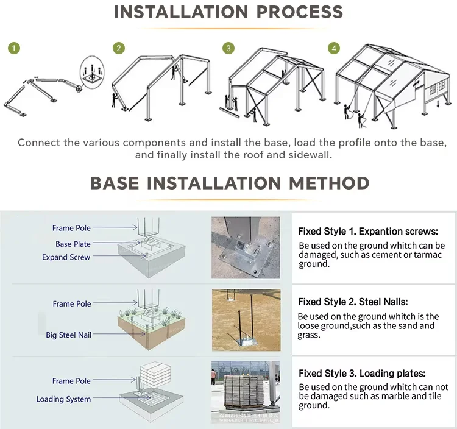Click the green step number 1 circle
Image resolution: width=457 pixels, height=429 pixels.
[13, 48]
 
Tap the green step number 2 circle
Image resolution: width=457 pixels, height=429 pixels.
[119, 48]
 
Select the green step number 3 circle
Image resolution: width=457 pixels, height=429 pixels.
[228, 48]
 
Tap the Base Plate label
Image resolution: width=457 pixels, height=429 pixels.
[73, 244]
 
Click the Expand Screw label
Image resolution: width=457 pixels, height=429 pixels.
[66, 257]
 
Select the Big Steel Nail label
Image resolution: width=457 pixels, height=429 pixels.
[68, 335]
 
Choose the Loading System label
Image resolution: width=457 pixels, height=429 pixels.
[63, 399]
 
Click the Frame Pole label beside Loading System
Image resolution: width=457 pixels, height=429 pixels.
[71, 381]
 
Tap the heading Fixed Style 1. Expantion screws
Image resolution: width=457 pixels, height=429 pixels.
[367, 232]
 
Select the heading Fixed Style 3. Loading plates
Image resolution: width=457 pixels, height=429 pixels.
[361, 374]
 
